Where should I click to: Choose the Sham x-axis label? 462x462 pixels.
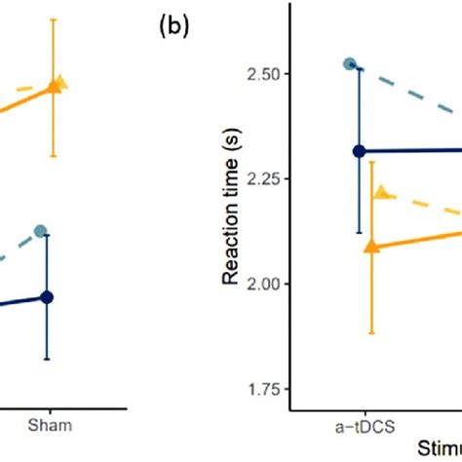47,426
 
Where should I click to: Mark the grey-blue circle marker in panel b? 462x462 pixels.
350,64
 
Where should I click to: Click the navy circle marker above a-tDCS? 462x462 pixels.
359,151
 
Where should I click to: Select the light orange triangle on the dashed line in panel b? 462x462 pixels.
381,193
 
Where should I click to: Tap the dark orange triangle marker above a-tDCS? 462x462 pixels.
370,248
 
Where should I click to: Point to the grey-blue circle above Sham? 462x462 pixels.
41,231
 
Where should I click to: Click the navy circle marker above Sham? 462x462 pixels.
47,297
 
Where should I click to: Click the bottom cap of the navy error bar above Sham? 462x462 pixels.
47,360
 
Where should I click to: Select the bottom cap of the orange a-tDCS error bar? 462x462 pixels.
370,333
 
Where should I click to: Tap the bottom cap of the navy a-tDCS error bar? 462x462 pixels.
359,233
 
